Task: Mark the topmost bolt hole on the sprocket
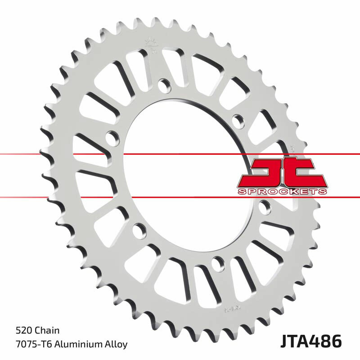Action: [x=164, y=84]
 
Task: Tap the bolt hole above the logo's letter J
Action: [x=237, y=118]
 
